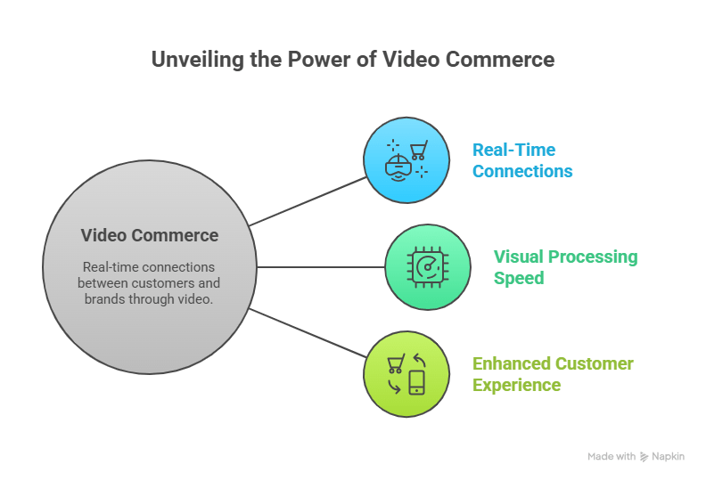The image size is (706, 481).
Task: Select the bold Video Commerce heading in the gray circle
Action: point(150,235)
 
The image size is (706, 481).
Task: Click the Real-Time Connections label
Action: point(522,160)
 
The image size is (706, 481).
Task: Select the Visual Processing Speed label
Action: point(565,267)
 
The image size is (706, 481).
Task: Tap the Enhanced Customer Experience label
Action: point(553,374)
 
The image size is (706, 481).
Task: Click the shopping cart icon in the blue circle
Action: point(419,150)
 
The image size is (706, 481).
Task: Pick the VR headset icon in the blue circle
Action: point(398,167)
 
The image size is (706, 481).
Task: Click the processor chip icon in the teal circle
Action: point(428,267)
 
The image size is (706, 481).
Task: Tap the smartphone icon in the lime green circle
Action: point(416,382)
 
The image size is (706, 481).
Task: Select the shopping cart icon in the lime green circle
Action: point(396,363)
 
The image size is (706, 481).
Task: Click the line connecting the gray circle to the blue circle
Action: point(308,201)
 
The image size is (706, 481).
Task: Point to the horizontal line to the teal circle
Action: point(321,267)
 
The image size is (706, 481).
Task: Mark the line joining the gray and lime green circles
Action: point(308,333)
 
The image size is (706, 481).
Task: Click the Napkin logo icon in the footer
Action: point(644,457)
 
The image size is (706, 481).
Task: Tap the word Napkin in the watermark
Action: point(669,457)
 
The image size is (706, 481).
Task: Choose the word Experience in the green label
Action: point(516,385)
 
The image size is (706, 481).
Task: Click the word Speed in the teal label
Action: point(519,278)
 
